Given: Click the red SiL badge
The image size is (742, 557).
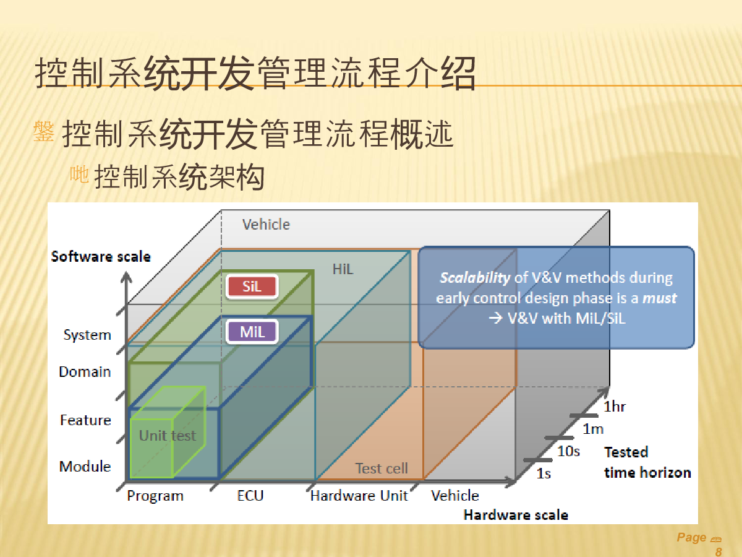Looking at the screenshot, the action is [x=252, y=287].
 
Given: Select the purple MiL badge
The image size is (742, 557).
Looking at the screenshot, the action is [x=252, y=332].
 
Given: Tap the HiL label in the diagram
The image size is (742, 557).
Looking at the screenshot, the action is [x=343, y=269].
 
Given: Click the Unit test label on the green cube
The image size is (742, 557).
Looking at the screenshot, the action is [x=168, y=436].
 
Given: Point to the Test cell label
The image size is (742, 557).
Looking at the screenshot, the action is [x=382, y=468].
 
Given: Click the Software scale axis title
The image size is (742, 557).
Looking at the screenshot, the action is [x=101, y=257].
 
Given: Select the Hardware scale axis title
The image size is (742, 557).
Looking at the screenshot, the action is [x=516, y=515].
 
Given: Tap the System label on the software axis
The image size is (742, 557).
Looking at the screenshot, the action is [x=87, y=335].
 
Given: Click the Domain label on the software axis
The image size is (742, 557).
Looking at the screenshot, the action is [x=85, y=372].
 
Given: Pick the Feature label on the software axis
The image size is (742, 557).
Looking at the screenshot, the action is [x=85, y=420].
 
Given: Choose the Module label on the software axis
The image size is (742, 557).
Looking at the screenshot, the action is [x=85, y=467].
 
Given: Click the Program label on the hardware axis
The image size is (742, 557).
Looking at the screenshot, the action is [x=155, y=496].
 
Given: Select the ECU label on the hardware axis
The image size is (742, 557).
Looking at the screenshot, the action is [x=250, y=496].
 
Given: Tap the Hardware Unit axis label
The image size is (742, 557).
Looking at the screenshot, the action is [x=359, y=496].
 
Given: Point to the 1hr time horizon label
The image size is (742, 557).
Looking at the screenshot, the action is [x=615, y=407].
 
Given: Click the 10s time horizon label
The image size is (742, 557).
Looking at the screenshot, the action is [x=569, y=451].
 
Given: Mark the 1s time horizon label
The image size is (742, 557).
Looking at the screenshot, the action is [x=544, y=473].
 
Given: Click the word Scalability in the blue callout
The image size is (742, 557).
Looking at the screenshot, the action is [x=475, y=278].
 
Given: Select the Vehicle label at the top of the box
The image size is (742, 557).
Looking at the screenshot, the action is [x=266, y=225].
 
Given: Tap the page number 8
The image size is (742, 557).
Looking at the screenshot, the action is [x=719, y=551].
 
